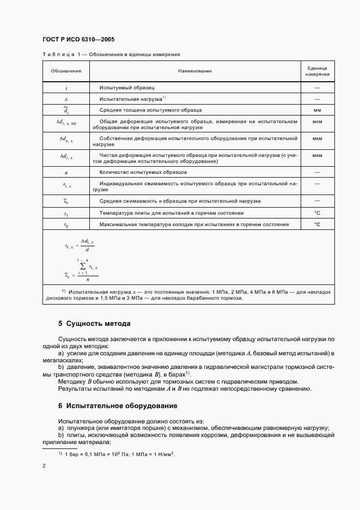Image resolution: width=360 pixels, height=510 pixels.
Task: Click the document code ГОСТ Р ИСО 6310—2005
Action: click(x=78, y=40)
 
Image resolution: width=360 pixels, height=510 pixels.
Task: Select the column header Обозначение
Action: click(x=66, y=71)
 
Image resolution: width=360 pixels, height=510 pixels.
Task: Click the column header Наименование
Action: click(x=194, y=71)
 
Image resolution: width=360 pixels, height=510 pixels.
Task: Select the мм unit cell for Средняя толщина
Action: click(x=316, y=110)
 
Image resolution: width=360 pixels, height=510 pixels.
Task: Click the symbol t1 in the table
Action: click(x=66, y=213)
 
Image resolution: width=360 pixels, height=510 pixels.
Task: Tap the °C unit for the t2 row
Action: click(x=316, y=224)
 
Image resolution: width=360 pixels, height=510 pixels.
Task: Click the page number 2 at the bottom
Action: click(x=44, y=466)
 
